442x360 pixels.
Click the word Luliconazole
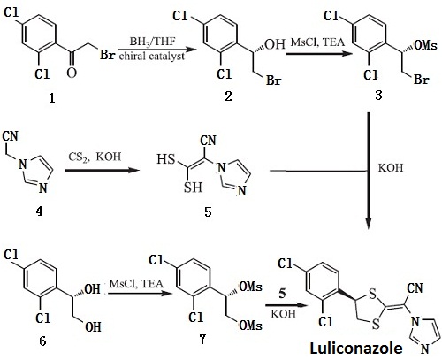(x=356, y=348)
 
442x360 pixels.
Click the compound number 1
(x=52, y=97)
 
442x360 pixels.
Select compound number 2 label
(x=228, y=96)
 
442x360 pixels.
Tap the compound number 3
(x=378, y=96)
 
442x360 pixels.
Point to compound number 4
(x=39, y=211)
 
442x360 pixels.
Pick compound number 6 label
(x=42, y=341)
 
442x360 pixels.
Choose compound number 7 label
(x=202, y=339)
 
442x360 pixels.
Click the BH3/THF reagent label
(x=152, y=42)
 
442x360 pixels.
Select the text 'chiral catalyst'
(x=152, y=56)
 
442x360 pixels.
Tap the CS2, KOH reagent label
(x=95, y=157)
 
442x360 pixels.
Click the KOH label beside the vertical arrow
(x=391, y=168)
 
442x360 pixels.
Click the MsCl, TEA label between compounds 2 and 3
(x=317, y=42)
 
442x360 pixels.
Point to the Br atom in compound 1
(x=107, y=55)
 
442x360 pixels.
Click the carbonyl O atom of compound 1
(x=72, y=73)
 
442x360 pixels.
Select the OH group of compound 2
(x=275, y=44)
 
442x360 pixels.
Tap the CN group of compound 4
(x=11, y=136)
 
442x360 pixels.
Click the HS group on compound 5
(x=166, y=159)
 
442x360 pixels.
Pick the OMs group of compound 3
(x=425, y=45)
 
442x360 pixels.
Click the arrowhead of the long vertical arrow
(x=369, y=224)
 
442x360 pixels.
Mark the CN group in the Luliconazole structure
(x=415, y=287)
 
